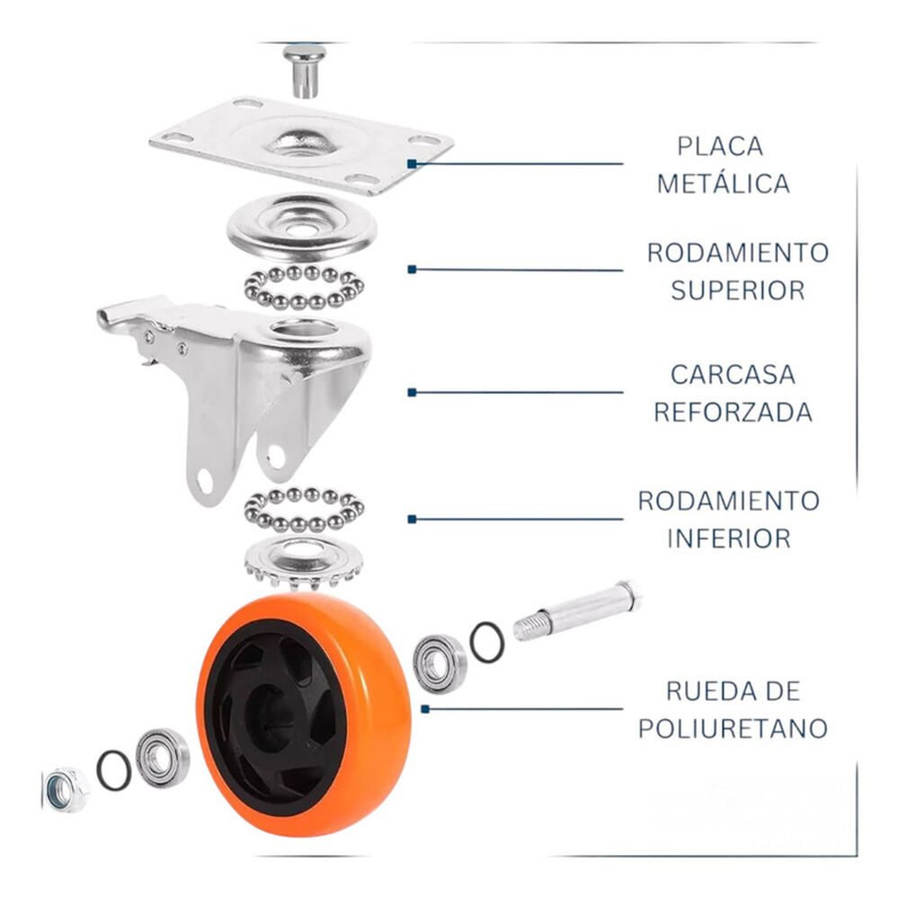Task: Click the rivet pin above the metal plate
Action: [x=303, y=69]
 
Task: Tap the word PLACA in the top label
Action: [x=720, y=146]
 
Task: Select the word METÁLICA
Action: [x=723, y=183]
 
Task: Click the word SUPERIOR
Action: [x=737, y=290]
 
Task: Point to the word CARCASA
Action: [x=733, y=374]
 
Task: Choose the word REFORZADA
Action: [x=733, y=412]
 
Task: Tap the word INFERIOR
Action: [x=728, y=539]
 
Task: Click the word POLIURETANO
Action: [x=733, y=728]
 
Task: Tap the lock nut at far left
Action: [x=66, y=788]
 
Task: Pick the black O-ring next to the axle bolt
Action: [x=487, y=642]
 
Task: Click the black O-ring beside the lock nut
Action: [x=114, y=770]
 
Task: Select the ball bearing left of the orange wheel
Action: [x=163, y=756]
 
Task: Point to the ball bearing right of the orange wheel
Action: [x=440, y=663]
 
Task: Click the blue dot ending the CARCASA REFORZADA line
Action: [x=413, y=392]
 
